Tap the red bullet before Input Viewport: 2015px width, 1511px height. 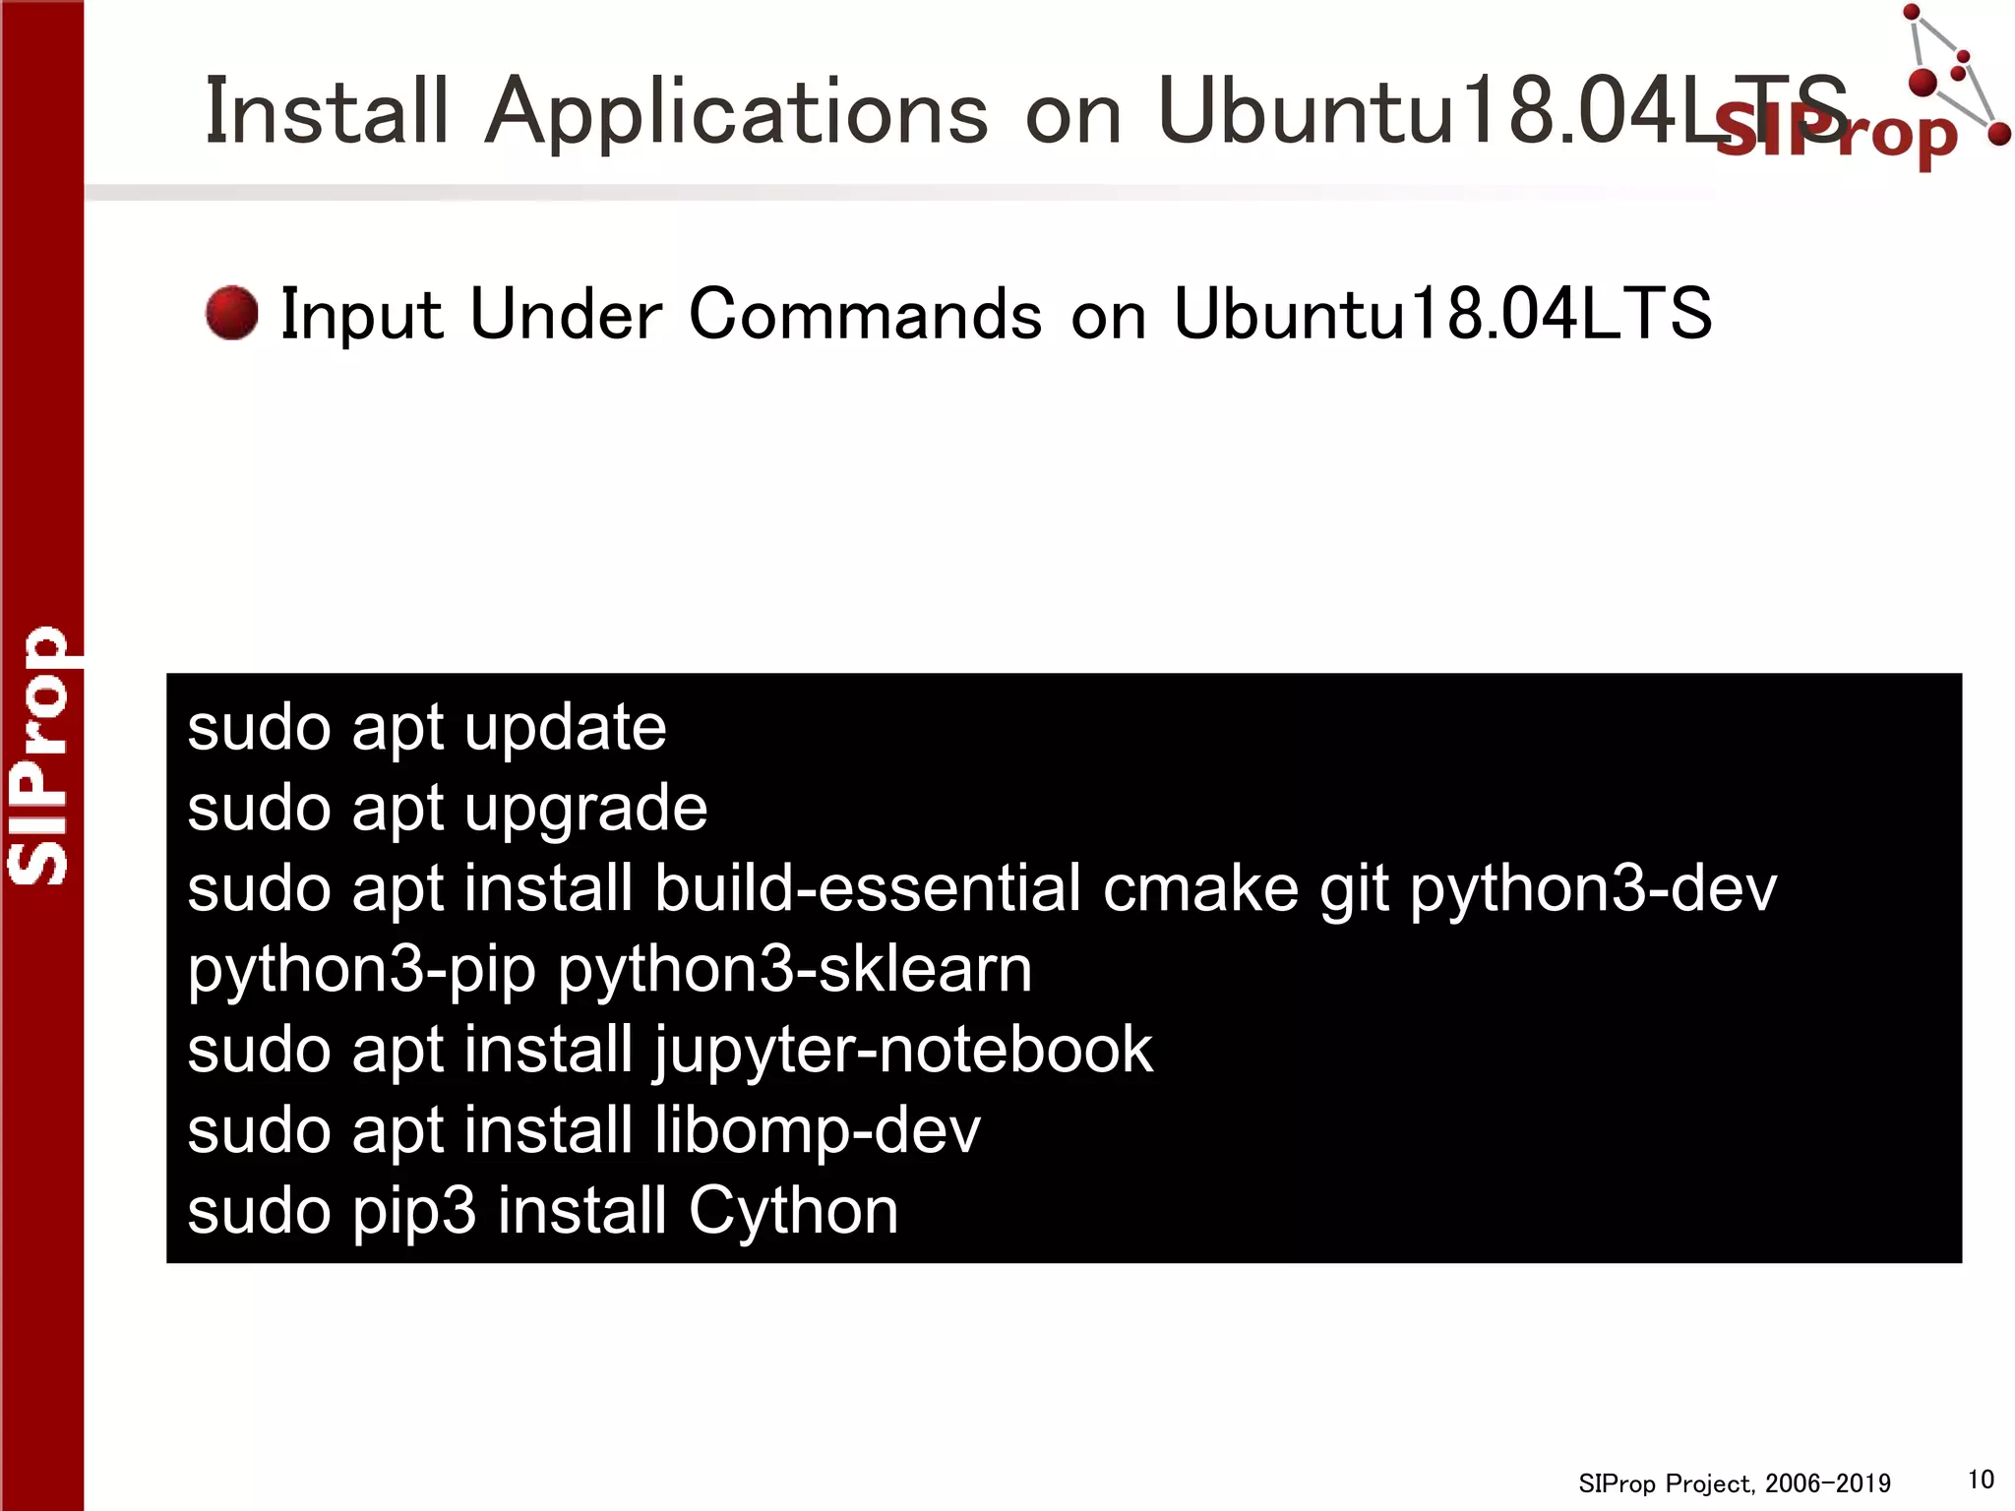(x=232, y=314)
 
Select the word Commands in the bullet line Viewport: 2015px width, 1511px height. (x=865, y=315)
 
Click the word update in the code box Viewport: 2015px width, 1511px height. (x=565, y=729)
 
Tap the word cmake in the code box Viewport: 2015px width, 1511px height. (x=1200, y=889)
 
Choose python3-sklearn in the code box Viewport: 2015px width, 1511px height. (x=795, y=970)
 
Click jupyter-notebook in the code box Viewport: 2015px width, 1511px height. (x=903, y=1051)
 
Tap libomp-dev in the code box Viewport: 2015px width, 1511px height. (x=817, y=1130)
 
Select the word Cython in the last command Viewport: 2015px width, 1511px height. (x=793, y=1212)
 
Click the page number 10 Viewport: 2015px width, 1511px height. (x=1981, y=1480)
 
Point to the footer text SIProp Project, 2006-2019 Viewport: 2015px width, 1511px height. (x=1734, y=1483)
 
